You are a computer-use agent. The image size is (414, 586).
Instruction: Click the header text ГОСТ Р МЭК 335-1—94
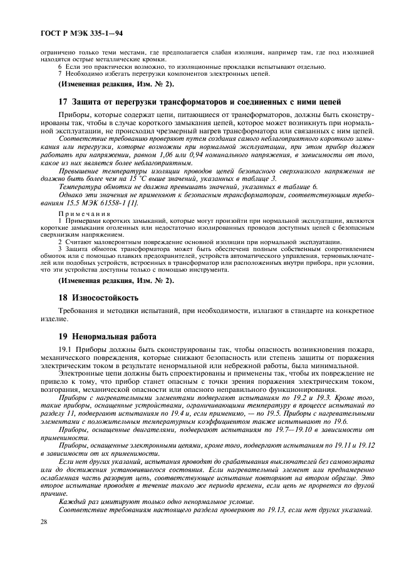pos(72,31)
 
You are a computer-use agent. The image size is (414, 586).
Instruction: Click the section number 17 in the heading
pos(63,102)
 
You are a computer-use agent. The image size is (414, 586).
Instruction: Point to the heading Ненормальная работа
pos(116,336)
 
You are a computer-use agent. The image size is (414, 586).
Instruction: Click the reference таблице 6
pos(299,187)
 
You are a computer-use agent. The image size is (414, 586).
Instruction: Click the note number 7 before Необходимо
pos(60,74)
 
